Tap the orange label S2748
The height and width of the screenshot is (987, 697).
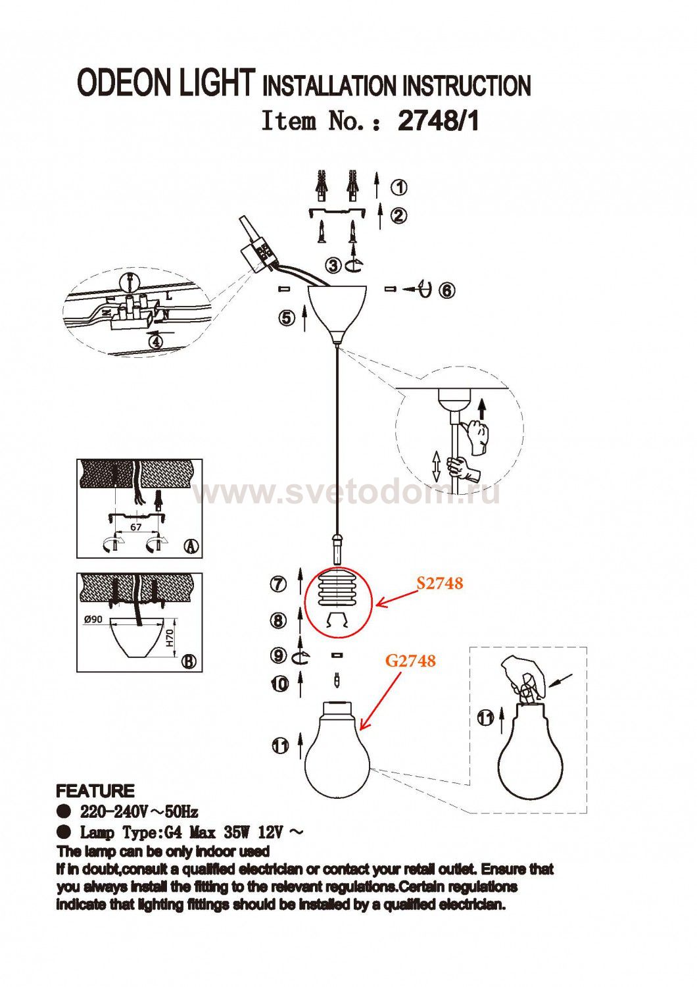point(440,583)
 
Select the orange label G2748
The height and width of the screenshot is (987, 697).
point(410,661)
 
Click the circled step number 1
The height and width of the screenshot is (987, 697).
point(399,188)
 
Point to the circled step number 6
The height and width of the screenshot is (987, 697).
point(446,291)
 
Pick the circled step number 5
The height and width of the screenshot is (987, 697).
point(287,318)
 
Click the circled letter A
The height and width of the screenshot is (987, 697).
point(191,546)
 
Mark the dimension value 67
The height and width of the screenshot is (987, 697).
point(136,528)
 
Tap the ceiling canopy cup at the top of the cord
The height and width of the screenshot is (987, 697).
point(337,313)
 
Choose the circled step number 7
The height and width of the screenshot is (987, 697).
point(278,584)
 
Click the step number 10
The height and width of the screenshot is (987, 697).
point(279,684)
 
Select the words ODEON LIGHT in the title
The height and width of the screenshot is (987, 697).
point(166,82)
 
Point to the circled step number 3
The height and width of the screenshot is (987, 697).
point(334,265)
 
